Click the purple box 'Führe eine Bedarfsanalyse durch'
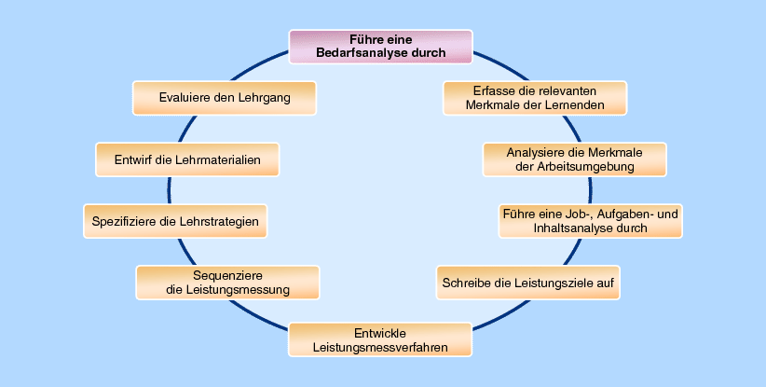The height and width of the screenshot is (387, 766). (x=380, y=47)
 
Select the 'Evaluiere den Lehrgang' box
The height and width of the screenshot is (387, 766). (x=225, y=98)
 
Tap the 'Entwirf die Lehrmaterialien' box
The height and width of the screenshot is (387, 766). (x=188, y=159)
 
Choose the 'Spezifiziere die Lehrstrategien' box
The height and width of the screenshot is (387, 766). (x=175, y=222)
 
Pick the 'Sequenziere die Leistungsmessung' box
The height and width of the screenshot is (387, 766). (x=227, y=283)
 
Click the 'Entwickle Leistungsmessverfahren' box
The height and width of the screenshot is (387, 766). (x=380, y=340)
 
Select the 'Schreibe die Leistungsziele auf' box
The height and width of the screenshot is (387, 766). (x=527, y=282)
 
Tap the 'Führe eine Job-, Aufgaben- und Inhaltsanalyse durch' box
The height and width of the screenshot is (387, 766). (x=590, y=221)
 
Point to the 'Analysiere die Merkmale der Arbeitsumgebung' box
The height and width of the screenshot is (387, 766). (x=574, y=159)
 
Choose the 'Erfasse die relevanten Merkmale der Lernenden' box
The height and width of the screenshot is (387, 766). (x=535, y=98)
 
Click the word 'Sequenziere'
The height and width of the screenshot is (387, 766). (x=227, y=276)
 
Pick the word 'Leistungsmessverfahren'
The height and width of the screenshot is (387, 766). (x=380, y=348)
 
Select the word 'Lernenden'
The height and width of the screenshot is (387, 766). (x=574, y=105)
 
